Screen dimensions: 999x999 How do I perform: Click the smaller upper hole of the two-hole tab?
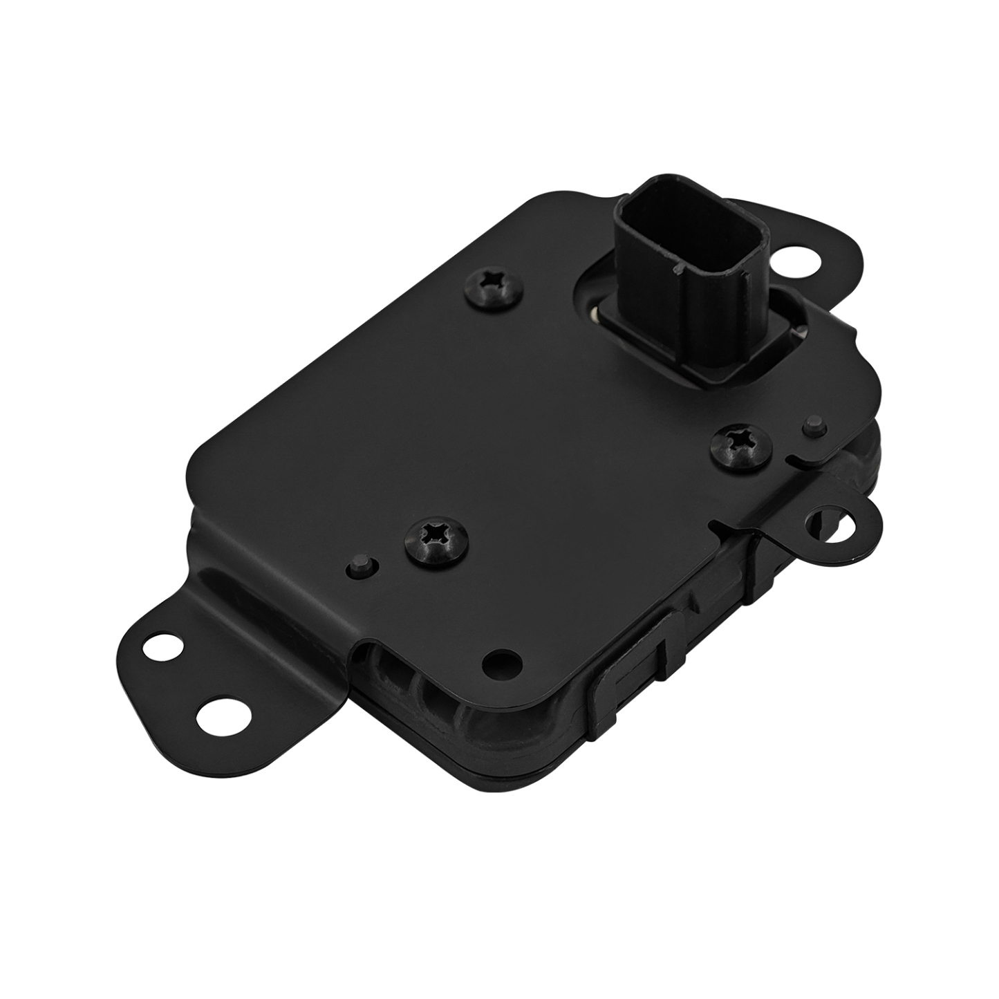(163, 648)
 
